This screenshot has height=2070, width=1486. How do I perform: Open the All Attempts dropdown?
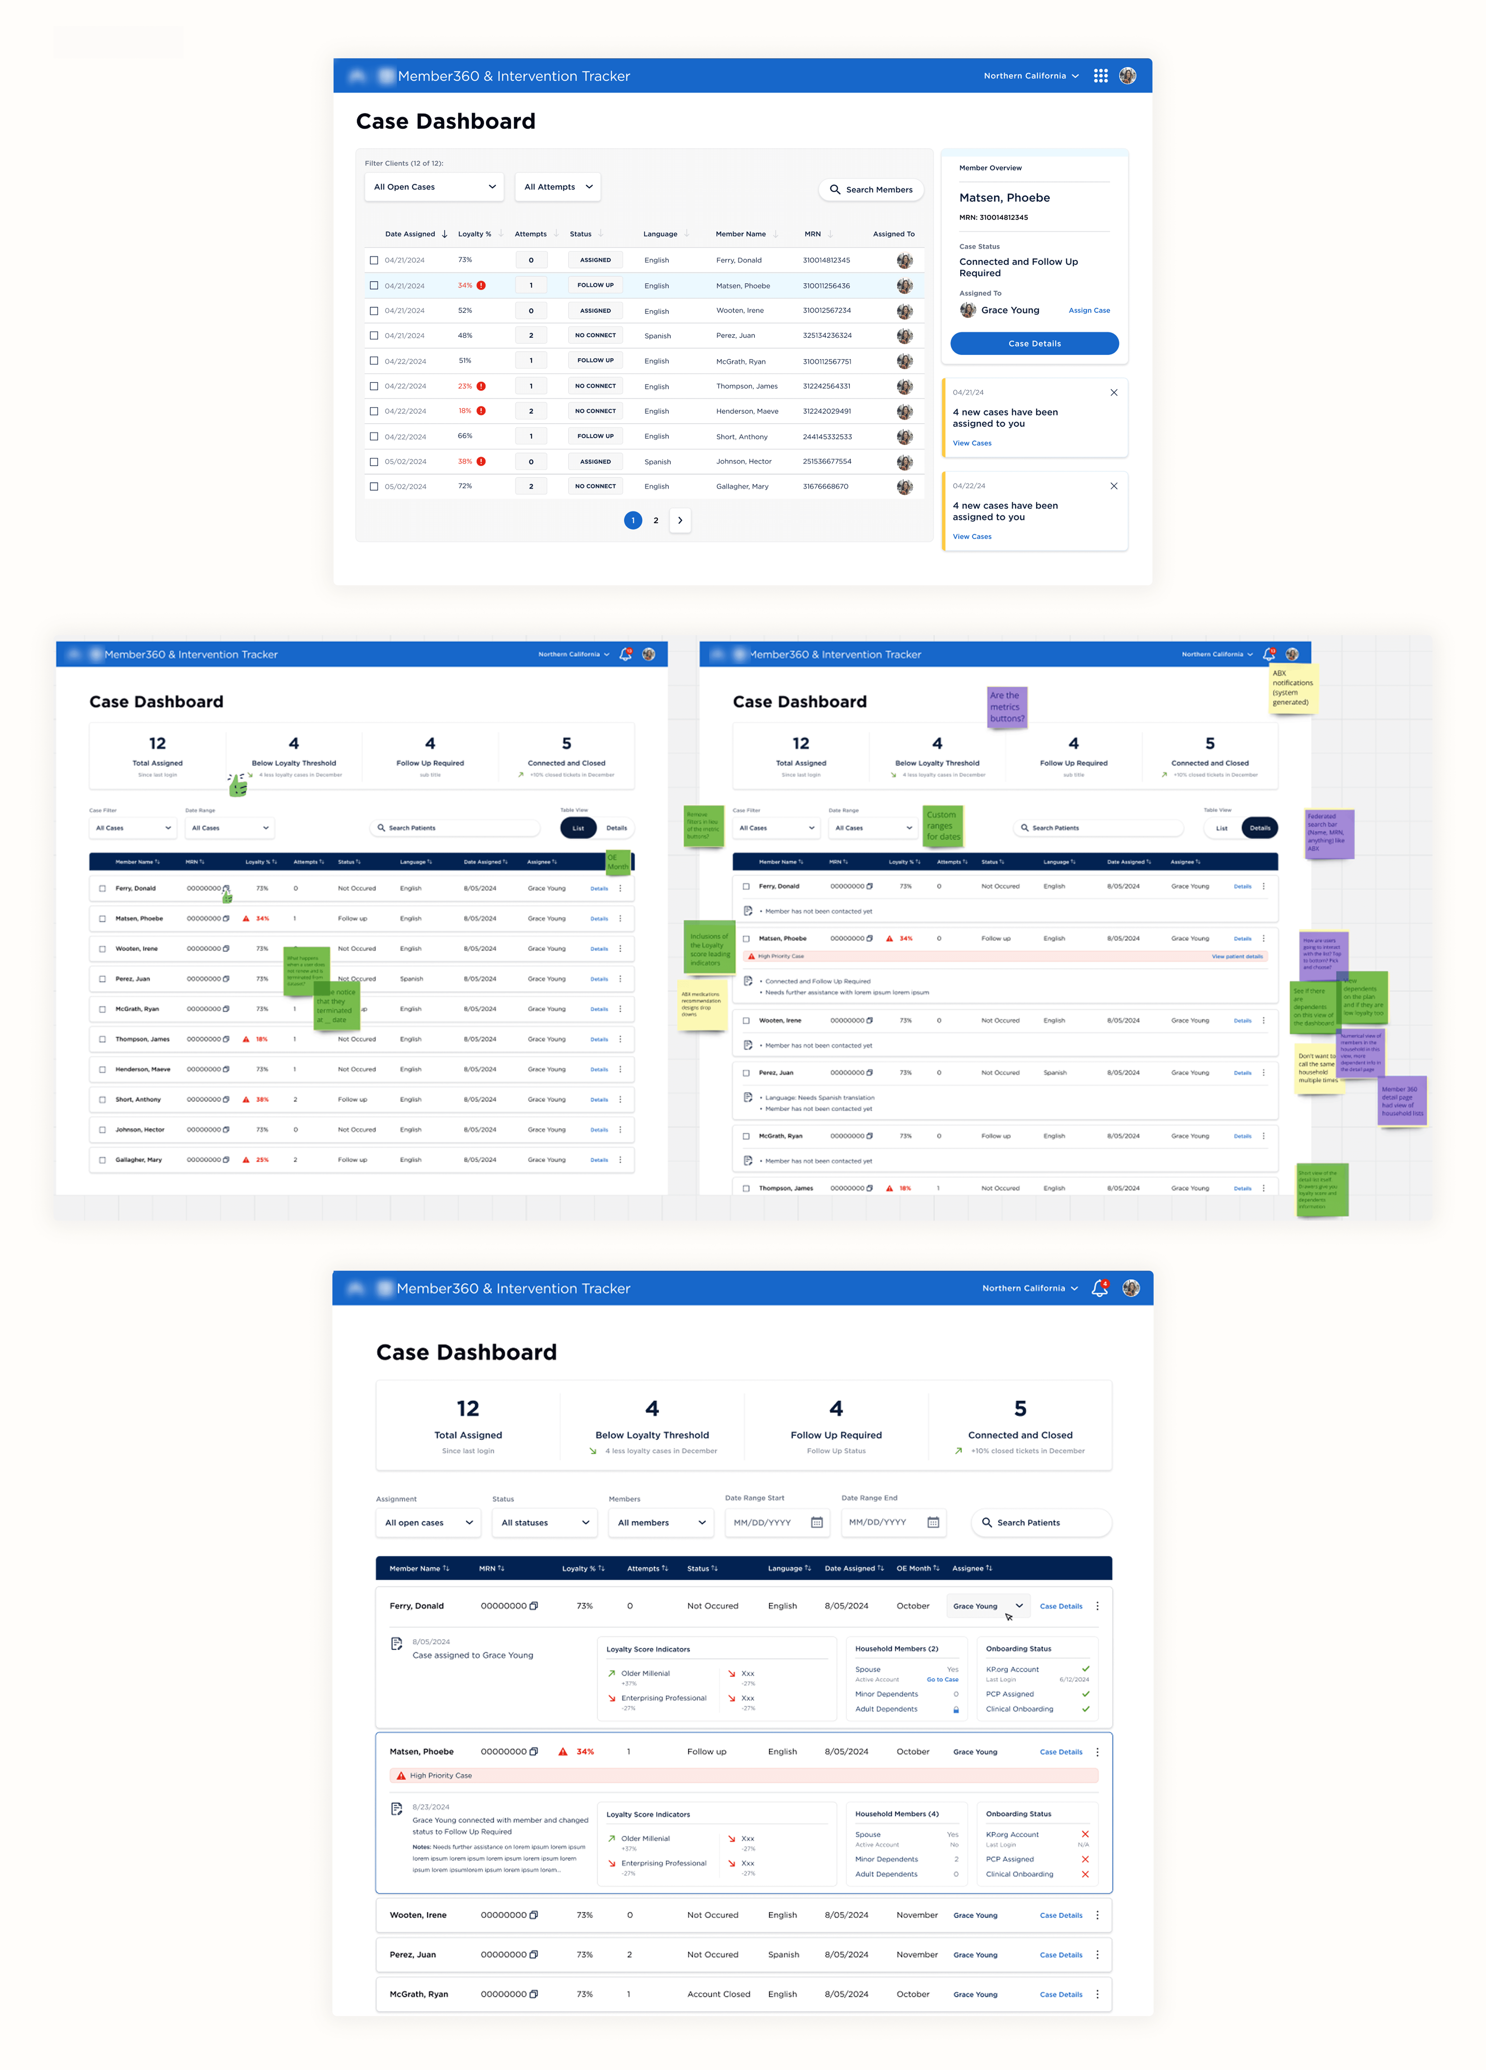pos(557,187)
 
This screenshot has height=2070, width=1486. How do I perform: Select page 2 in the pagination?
pos(655,520)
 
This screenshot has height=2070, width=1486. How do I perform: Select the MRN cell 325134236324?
pos(827,336)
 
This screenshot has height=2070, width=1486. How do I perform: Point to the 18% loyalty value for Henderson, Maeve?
pos(465,411)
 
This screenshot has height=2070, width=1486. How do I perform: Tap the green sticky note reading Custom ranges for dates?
pos(942,825)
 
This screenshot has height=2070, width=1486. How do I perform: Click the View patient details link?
pos(1237,957)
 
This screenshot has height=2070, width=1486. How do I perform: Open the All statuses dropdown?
pos(544,1522)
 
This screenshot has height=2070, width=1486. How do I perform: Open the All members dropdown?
pos(661,1522)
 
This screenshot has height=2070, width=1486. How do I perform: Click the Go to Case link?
pos(942,1679)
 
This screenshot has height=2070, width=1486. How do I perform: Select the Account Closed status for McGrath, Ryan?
pos(718,1994)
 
